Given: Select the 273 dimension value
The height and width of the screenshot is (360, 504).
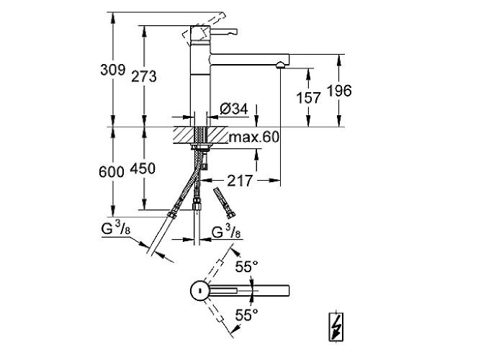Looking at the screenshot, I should click(x=144, y=76).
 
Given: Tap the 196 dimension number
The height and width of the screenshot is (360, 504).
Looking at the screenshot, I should click(x=338, y=91).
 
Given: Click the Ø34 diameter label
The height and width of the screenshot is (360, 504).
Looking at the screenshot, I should click(x=232, y=109).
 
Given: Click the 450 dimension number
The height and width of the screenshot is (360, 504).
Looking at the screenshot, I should click(x=144, y=168).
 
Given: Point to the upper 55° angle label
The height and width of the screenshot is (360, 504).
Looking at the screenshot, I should click(x=246, y=267).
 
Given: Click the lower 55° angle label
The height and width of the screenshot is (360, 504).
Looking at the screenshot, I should click(x=246, y=314).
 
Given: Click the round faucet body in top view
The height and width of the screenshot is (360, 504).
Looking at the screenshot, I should click(x=198, y=291).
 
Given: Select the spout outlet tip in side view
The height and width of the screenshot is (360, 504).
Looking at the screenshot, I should click(x=279, y=66).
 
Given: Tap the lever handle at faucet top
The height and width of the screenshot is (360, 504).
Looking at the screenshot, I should click(x=223, y=31).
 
